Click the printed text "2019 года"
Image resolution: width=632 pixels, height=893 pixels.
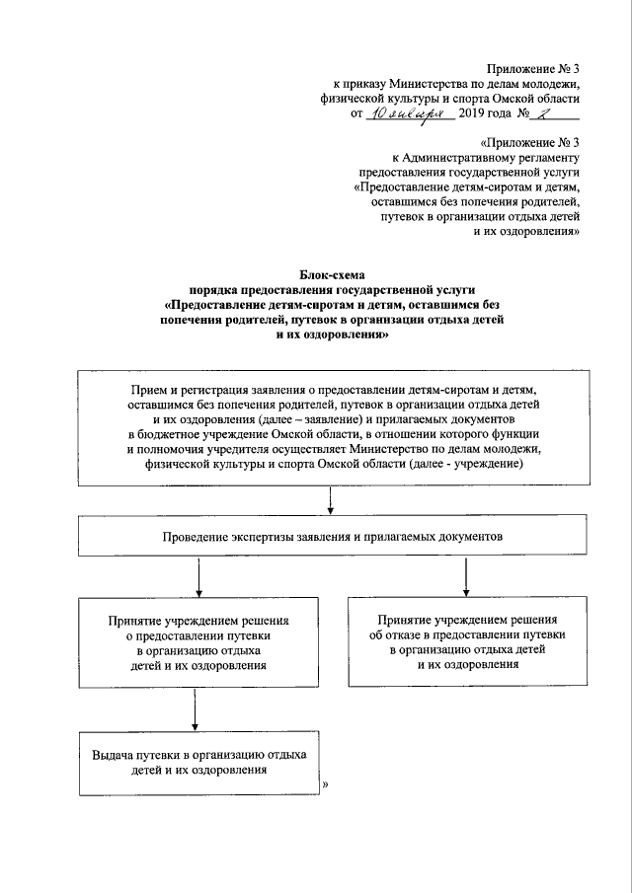click(491, 115)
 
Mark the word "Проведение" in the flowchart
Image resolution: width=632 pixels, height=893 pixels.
click(198, 538)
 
